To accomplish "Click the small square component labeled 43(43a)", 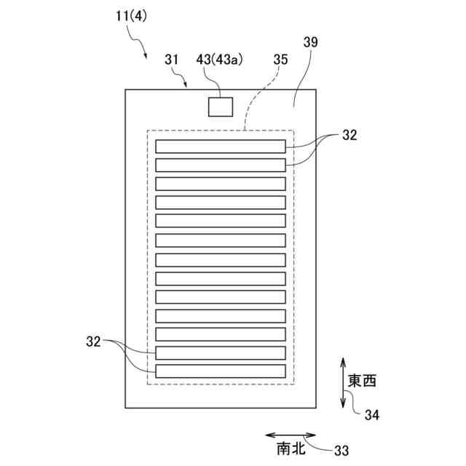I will pos(221,106).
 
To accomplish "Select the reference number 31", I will pos(172,61).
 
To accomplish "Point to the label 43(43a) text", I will pos(219,60).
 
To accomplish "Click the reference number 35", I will pos(280,61).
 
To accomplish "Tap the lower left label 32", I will pos(94,340).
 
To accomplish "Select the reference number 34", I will pos(371,415).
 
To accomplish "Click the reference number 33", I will pos(341,451).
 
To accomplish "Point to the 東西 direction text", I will pos(363,380).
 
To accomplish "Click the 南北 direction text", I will pos(289,450).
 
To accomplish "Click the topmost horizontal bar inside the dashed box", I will pos(221,146).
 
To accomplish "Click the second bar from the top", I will pos(221,165).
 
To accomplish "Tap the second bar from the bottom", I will pos(221,353).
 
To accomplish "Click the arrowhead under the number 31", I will pos(186,85).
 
